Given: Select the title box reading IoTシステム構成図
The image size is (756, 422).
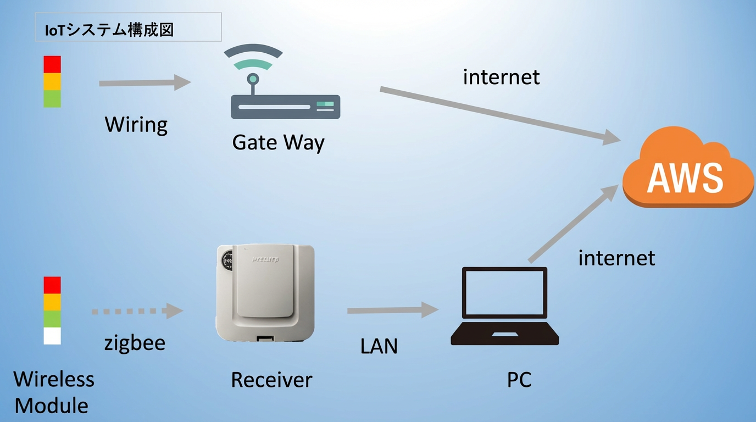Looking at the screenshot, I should tap(128, 27).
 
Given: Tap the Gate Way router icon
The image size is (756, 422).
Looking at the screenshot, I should tap(285, 88).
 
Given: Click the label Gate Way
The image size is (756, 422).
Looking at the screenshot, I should tap(278, 142).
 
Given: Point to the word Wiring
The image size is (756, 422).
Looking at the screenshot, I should tap(136, 125).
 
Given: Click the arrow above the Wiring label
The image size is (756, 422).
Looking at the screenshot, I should tap(144, 83).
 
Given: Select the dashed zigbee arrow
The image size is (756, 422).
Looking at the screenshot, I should tap(137, 311).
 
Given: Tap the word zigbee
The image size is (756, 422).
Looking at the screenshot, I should tap(135, 343).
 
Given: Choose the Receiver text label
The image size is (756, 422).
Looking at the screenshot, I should tap(271, 380).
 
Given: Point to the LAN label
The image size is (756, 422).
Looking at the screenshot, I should tap(379, 346).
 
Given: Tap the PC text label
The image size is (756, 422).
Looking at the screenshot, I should tap(519, 380).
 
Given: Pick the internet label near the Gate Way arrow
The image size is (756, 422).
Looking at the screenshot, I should tap(501, 77).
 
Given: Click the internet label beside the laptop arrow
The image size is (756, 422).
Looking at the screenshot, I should tap(616, 258).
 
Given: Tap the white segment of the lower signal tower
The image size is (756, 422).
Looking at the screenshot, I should tap(52, 336).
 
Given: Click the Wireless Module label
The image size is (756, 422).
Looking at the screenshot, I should tap(53, 392).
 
